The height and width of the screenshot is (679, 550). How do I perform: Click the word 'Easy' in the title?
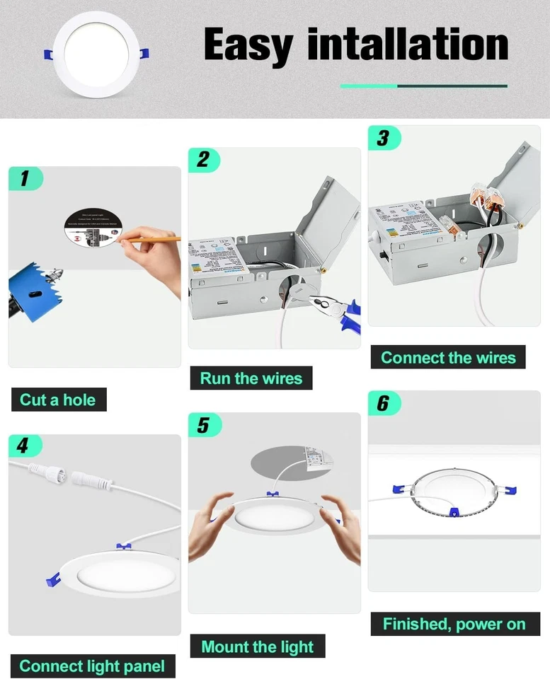tap(249, 45)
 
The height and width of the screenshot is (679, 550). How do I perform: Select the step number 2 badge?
tap(205, 160)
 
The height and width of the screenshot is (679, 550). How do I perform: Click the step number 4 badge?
tap(25, 446)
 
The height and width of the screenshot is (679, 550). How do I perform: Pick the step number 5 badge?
tap(205, 425)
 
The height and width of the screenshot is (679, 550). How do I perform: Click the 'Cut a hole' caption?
tap(58, 400)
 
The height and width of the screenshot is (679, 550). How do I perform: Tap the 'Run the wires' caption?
tap(251, 378)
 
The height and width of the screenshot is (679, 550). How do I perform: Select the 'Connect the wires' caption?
tap(449, 357)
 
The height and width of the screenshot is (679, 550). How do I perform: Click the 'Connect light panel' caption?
tap(92, 666)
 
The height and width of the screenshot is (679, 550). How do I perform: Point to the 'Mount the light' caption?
tap(257, 646)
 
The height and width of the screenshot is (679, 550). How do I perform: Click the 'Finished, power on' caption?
tap(454, 624)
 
